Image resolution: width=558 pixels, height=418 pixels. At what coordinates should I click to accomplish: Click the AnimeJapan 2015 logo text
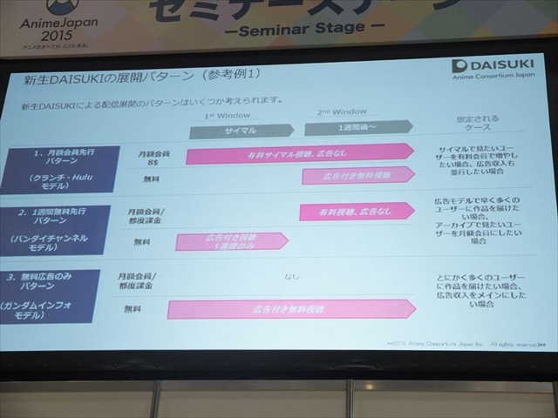tap(44, 25)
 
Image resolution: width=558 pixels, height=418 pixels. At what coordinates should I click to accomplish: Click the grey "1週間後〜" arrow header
tap(349, 129)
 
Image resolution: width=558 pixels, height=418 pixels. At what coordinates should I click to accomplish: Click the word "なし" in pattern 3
tap(291, 277)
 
